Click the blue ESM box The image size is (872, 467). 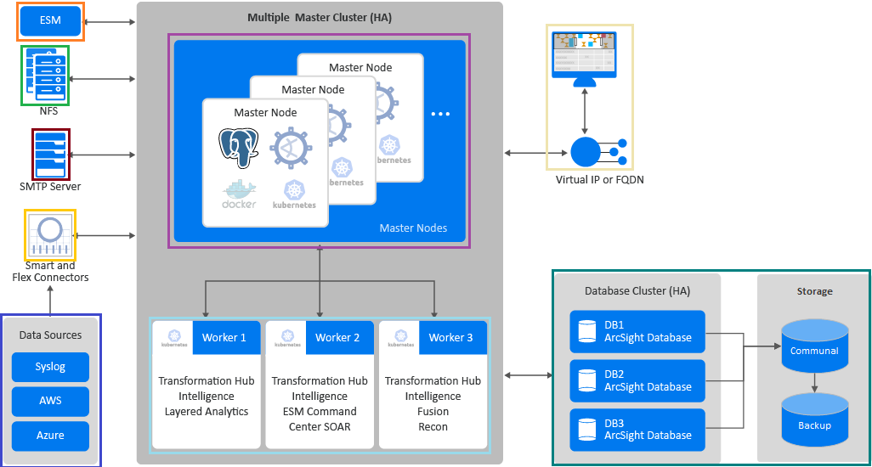(x=50, y=20)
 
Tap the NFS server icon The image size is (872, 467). (x=45, y=75)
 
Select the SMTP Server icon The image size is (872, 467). (x=50, y=154)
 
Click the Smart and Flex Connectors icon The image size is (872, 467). (x=50, y=234)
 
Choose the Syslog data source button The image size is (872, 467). (x=50, y=368)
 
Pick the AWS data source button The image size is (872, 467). (x=50, y=401)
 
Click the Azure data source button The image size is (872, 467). (x=50, y=436)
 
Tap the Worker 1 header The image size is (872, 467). (x=224, y=337)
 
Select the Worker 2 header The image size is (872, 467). (x=337, y=337)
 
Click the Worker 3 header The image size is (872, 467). (x=450, y=337)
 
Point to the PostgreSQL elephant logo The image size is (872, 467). (x=238, y=148)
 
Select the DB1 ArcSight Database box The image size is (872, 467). (x=637, y=331)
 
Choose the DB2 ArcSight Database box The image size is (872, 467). (x=637, y=380)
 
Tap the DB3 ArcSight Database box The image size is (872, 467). (x=637, y=430)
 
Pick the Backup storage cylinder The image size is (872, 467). (x=814, y=419)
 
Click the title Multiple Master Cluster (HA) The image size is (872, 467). (x=320, y=17)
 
